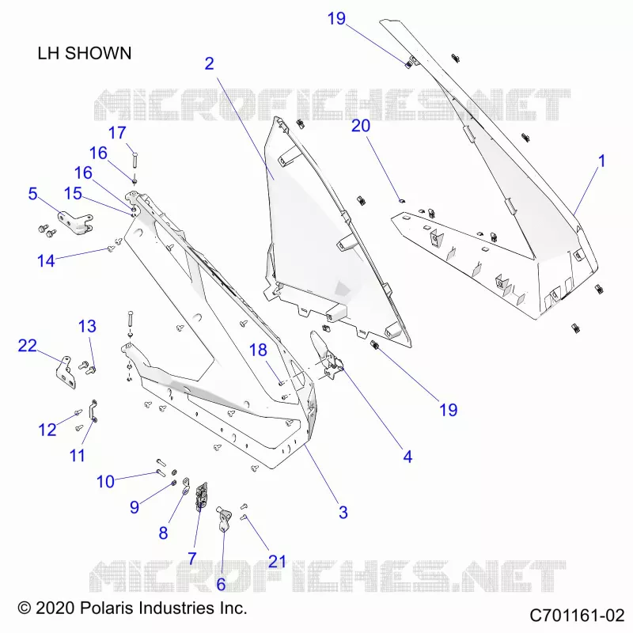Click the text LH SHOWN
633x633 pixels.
(85, 53)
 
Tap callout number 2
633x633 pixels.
(209, 63)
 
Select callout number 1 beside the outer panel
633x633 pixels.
(601, 161)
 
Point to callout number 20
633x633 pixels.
(361, 126)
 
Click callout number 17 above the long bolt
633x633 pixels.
(117, 132)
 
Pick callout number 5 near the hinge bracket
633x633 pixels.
(32, 193)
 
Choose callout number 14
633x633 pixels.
(46, 261)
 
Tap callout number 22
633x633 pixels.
(28, 346)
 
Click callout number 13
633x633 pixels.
(87, 326)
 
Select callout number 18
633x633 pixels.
(258, 350)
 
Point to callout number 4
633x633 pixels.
(407, 457)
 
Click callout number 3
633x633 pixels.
(343, 512)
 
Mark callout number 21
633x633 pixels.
(277, 561)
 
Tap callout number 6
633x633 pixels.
(221, 584)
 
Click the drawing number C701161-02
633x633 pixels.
(577, 616)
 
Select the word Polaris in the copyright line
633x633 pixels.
(107, 608)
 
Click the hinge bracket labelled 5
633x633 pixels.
(75, 223)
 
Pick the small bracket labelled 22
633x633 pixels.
(66, 372)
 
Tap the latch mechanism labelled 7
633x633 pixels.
(202, 496)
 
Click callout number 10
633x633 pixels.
(105, 481)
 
